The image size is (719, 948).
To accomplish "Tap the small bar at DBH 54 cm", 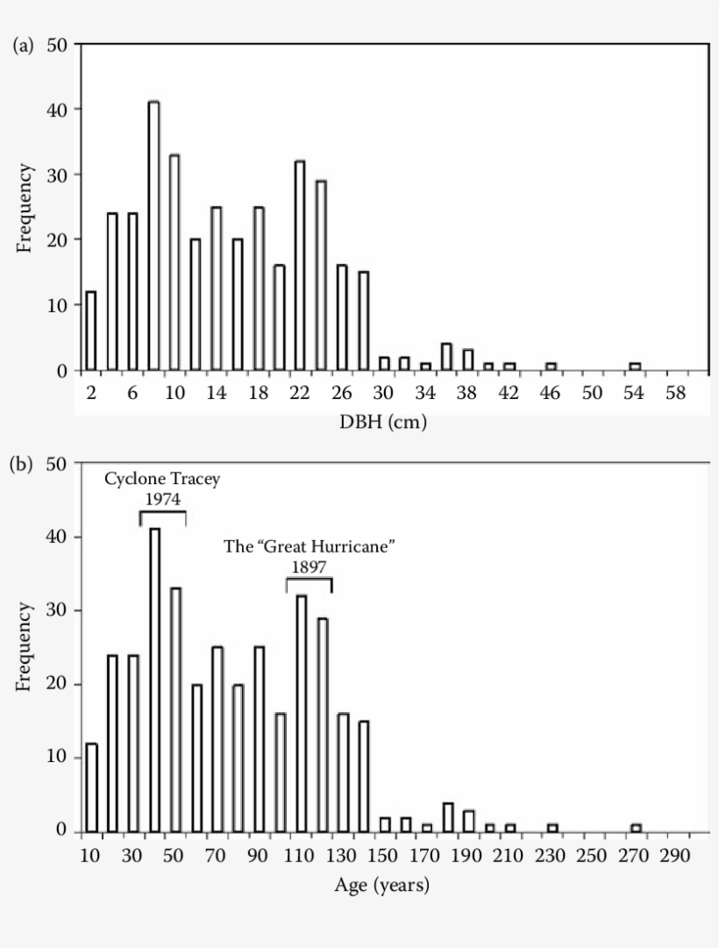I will coord(635,366).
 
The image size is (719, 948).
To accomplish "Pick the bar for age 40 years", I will coord(154,680).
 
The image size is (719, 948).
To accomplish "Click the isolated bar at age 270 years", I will coord(637,828).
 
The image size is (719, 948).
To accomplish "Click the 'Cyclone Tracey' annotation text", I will coord(161,479).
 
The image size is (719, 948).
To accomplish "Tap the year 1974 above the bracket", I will coord(162,498).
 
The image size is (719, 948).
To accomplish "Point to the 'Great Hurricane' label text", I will coord(310,547).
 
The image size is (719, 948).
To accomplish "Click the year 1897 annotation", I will coord(309,567).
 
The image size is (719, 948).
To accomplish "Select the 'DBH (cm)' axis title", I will coord(384,422).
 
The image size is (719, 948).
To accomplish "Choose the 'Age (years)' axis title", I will coord(382,886).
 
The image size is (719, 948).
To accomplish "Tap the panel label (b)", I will coord(23,464).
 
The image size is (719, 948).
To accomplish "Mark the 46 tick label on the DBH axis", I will coord(551,394).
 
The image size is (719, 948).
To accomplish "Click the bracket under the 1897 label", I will coord(309,580).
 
